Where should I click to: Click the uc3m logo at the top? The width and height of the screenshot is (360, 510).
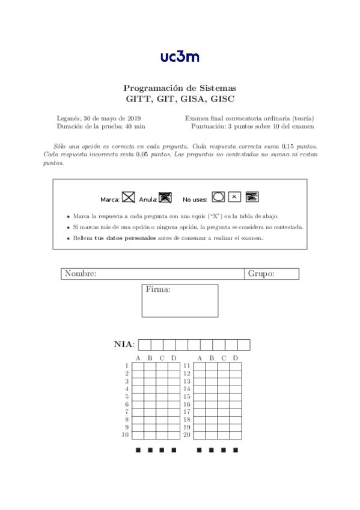(180, 57)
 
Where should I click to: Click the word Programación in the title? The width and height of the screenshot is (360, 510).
(152, 88)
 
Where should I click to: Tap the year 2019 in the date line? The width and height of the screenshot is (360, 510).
(132, 118)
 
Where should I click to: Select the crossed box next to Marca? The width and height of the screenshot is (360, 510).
(128, 197)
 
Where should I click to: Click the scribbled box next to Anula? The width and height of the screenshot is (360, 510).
(165, 197)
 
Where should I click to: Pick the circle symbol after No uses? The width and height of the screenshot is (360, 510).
(219, 197)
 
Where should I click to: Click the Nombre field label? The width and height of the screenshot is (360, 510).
(81, 274)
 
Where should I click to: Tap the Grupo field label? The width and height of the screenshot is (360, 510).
(261, 274)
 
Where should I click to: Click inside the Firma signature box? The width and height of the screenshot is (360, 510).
(180, 304)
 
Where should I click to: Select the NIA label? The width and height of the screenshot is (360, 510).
(124, 345)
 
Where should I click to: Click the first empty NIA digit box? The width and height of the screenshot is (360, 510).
(144, 345)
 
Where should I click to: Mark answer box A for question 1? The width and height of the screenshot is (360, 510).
(138, 366)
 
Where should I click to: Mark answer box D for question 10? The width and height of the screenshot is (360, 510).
(174, 435)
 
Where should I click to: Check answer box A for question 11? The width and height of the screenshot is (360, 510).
(199, 366)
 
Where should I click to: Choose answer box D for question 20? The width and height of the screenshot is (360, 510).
(235, 435)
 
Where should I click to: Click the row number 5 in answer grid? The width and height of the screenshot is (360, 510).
(126, 396)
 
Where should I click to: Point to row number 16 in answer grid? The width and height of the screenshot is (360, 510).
(187, 404)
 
